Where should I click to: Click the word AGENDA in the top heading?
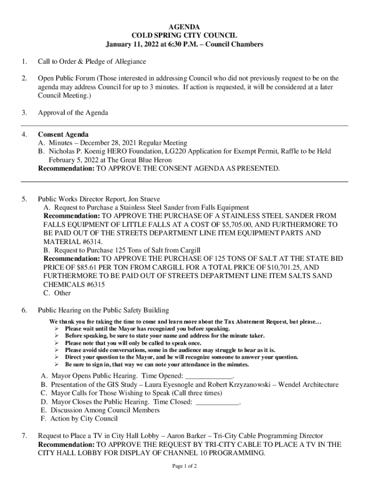click(x=184, y=27)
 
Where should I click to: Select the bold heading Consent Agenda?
click(x=63, y=134)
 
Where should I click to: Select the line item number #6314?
click(x=89, y=242)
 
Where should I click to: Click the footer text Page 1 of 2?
click(x=184, y=466)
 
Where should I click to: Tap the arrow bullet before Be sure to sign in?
click(x=57, y=364)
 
